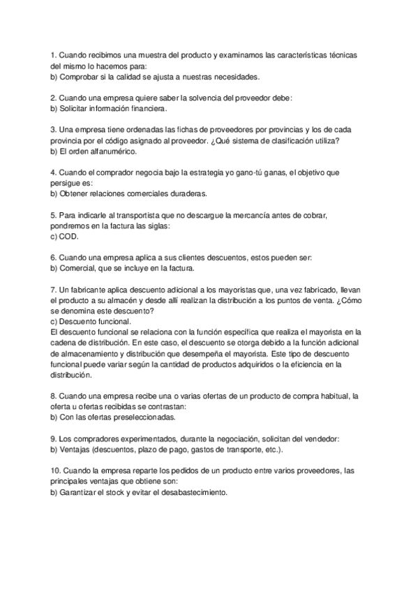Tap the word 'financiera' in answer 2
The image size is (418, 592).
[146, 109]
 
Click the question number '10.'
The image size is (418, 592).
[56, 472]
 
